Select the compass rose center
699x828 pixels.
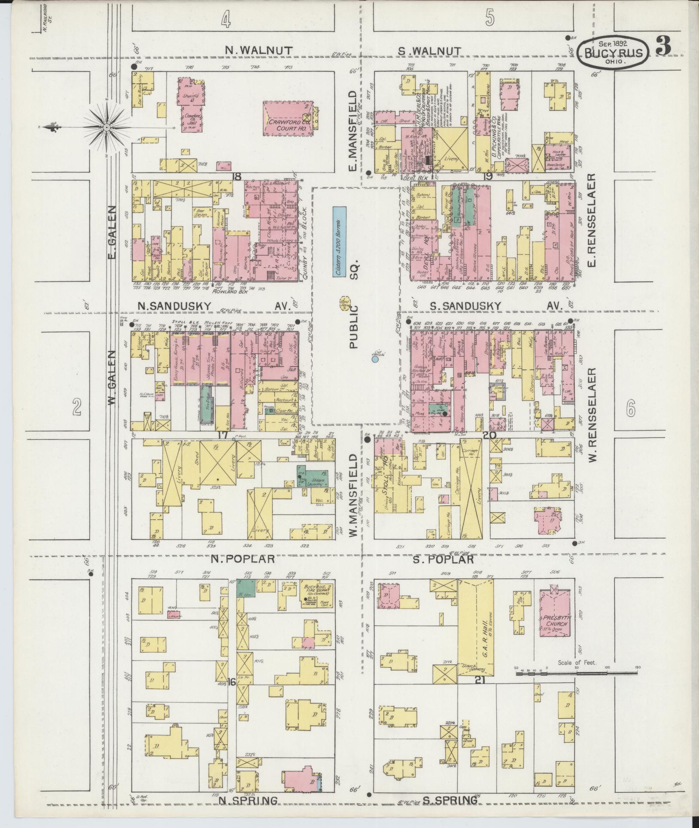106,127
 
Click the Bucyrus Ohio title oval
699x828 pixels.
613,52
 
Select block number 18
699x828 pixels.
235,176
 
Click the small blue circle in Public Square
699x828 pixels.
375,359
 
